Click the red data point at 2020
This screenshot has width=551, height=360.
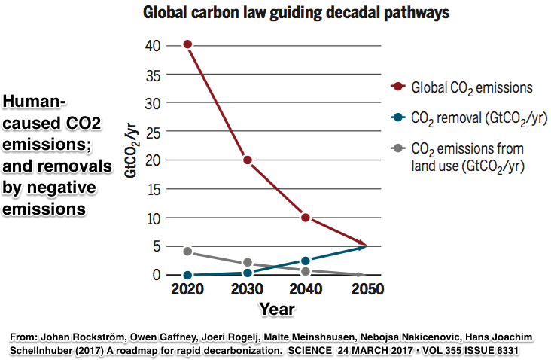(x=187, y=44)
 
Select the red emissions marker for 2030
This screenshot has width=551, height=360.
(x=247, y=160)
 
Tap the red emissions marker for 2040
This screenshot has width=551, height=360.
(x=306, y=218)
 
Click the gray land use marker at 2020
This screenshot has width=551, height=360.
(x=187, y=252)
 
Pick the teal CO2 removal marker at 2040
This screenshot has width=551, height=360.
(x=306, y=261)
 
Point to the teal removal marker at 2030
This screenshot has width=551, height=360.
(x=247, y=273)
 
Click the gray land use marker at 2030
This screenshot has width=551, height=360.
(x=247, y=264)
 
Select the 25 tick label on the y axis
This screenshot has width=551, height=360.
(x=153, y=131)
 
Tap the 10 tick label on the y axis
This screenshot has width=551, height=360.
(x=153, y=218)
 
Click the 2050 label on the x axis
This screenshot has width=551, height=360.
(x=365, y=290)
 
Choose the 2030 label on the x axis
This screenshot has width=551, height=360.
(x=247, y=290)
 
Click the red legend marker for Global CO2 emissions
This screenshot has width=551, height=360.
(x=397, y=88)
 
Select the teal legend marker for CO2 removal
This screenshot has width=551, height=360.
(x=397, y=117)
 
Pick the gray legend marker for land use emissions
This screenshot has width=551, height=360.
(x=397, y=148)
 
